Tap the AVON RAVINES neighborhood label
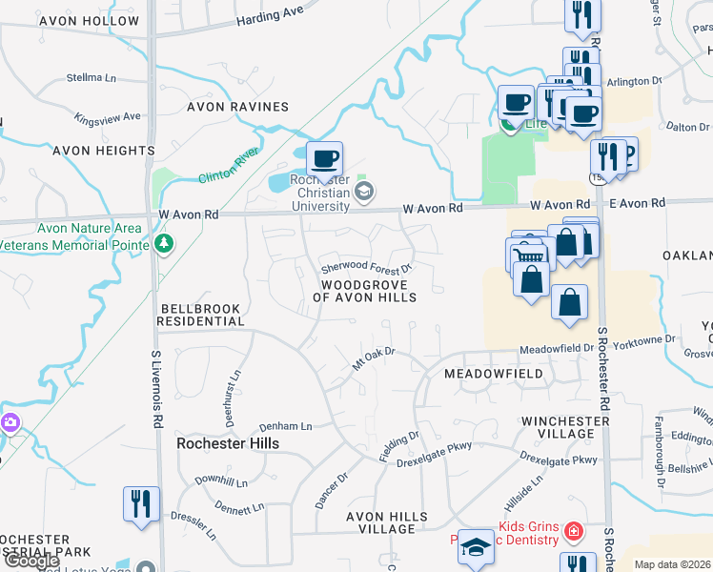point(237,107)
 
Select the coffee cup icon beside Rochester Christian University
point(324,159)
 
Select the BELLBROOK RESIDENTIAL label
point(201,316)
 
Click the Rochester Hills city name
point(228,444)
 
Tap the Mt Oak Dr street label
point(373,358)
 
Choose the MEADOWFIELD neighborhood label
point(494,375)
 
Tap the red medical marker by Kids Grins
point(574,530)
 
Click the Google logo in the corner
point(31,561)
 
